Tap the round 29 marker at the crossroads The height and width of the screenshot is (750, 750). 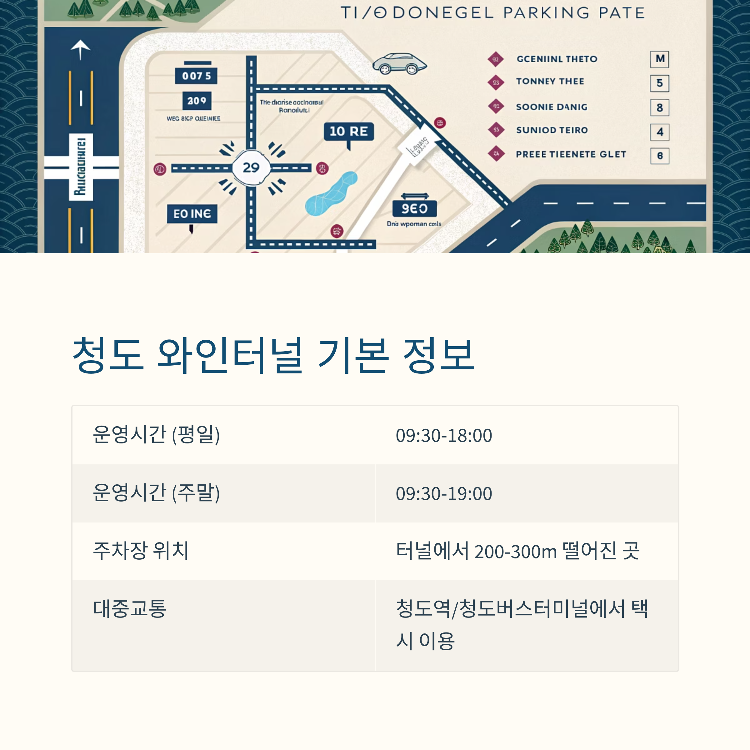[251, 168]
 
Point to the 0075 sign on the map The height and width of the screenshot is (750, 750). [196, 76]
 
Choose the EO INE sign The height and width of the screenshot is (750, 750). [192, 214]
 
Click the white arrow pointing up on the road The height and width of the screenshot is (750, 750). [80, 49]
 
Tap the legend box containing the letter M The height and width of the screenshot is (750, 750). [660, 59]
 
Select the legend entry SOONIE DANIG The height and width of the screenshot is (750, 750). [551, 107]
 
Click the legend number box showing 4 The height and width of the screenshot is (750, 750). [660, 132]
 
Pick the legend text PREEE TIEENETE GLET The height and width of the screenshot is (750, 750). [571, 154]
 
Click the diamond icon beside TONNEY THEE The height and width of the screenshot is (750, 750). [496, 82]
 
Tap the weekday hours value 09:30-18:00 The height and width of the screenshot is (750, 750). [444, 436]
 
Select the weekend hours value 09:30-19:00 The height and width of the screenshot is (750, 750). [444, 494]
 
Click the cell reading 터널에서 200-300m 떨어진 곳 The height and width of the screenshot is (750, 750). [517, 551]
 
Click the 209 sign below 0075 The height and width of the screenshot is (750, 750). [197, 101]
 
